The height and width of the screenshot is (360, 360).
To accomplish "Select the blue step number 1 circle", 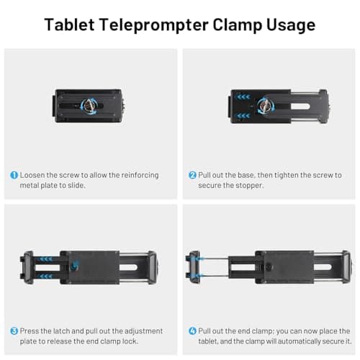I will [x=14, y=175].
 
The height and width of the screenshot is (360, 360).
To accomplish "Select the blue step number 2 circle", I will [x=193, y=175].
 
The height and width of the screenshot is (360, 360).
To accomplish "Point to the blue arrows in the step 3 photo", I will [x=45, y=258].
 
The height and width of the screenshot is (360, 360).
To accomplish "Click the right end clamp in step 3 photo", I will [x=153, y=265].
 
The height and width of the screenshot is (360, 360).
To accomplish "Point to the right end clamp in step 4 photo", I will [x=344, y=265].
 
